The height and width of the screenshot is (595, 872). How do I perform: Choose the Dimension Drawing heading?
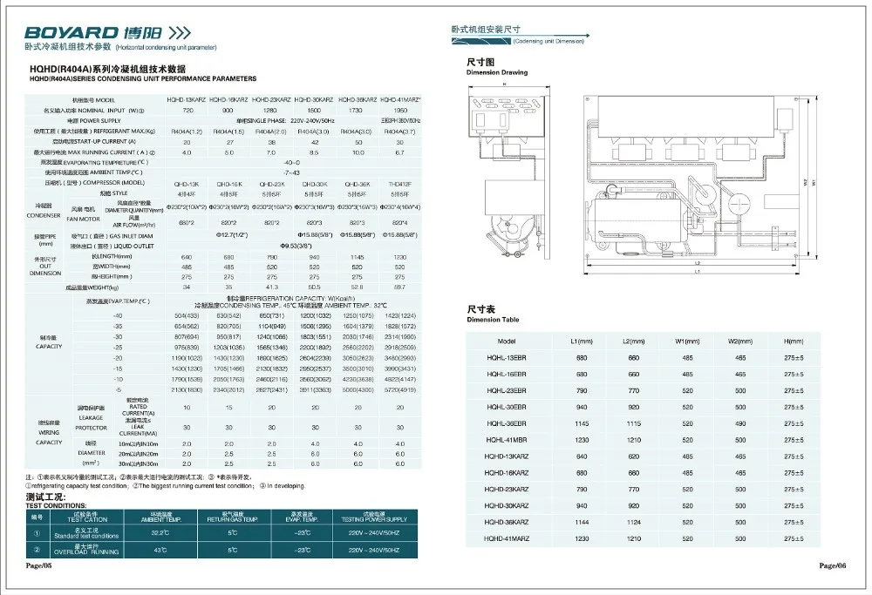(495, 72)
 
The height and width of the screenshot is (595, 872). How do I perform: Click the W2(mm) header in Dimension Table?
(739, 341)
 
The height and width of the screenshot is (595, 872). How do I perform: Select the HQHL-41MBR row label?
(506, 440)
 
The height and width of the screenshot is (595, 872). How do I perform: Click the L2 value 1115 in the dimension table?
(634, 423)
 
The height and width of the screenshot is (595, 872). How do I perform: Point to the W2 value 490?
(739, 423)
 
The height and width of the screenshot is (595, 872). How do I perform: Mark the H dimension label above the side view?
(504, 84)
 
